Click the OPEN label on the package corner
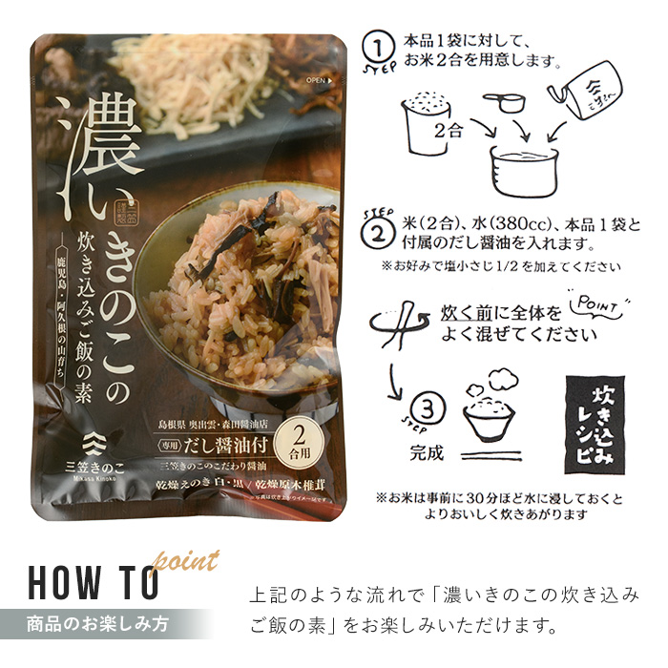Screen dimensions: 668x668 click(x=317, y=80)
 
